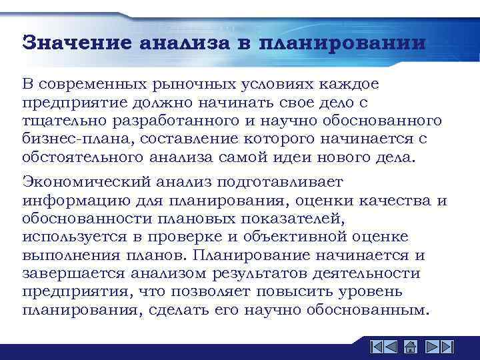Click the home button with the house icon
click(x=411, y=346)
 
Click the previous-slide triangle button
click(x=393, y=346)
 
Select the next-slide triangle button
click(x=430, y=346)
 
